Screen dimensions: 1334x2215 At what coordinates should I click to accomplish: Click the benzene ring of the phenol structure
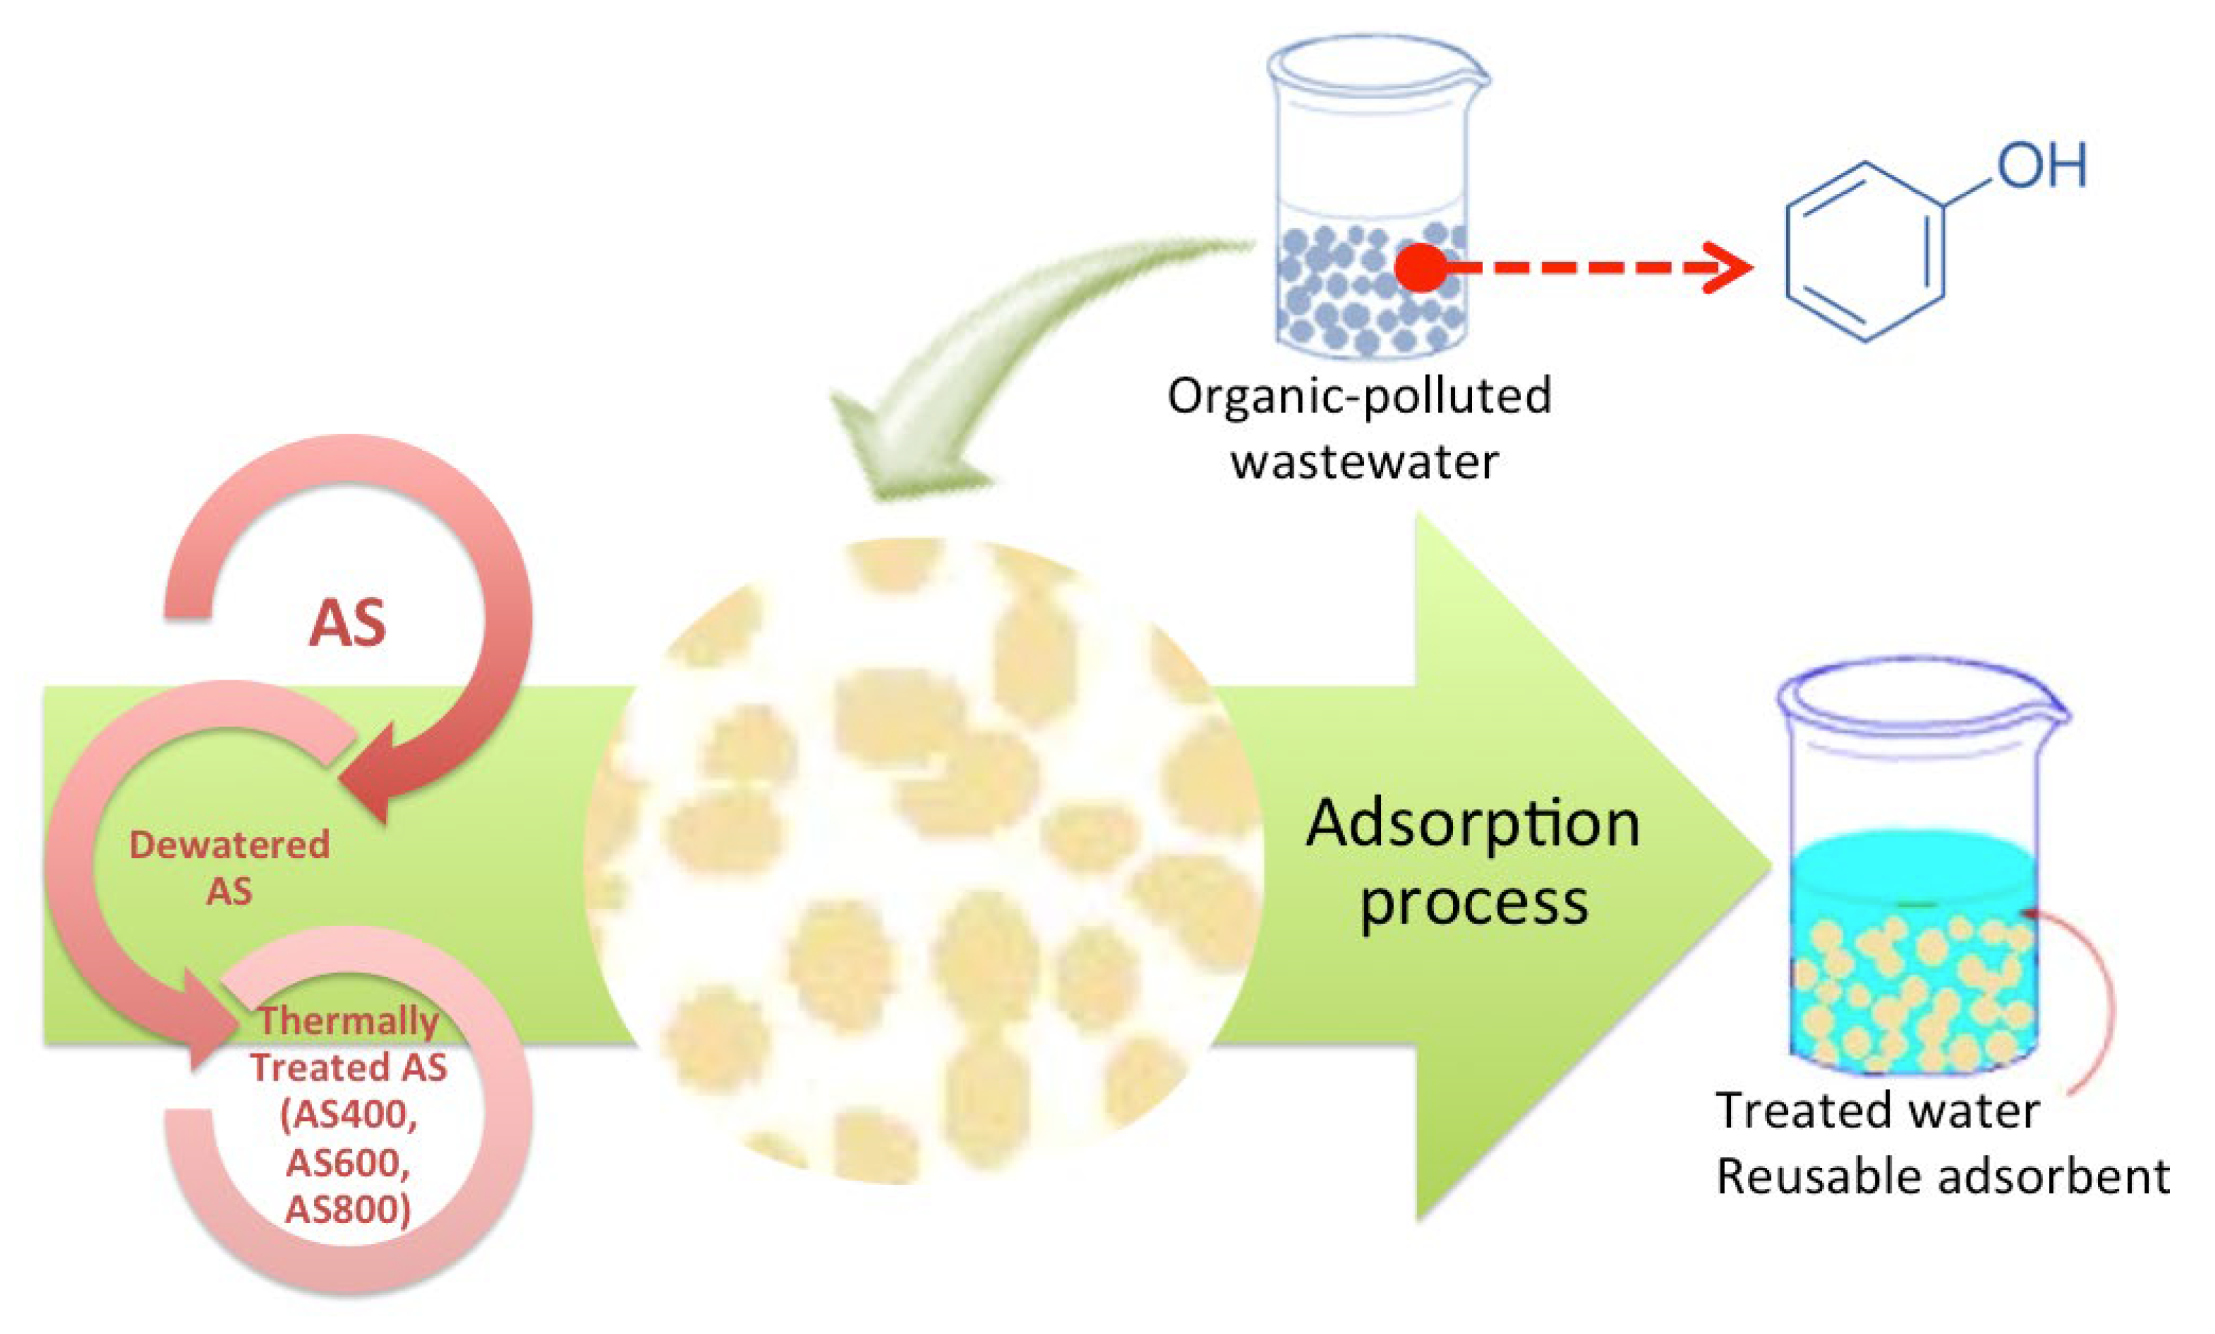[1864, 252]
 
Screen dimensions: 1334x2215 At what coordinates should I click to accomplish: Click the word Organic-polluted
[1358, 396]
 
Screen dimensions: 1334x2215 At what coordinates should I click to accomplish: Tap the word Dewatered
[229, 845]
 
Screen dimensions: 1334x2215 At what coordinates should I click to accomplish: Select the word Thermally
[349, 1021]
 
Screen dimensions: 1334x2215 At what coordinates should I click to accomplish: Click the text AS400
[349, 1115]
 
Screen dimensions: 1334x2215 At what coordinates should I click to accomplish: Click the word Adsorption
[1472, 823]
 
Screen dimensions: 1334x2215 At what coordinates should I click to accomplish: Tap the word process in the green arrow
[1473, 902]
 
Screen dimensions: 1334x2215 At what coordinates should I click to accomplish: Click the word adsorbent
[2058, 1177]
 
